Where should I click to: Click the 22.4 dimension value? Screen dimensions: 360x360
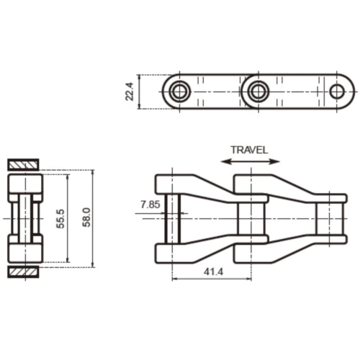coord(130,91)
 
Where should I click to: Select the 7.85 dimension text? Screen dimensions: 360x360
coord(150,205)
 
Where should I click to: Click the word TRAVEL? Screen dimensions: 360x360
coord(249,150)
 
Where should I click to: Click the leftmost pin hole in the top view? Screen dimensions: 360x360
coord(179,91)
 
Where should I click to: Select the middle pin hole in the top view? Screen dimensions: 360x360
coord(257,91)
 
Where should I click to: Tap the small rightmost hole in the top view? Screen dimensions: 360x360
coord(337,91)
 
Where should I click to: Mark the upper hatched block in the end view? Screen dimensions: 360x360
coord(24,163)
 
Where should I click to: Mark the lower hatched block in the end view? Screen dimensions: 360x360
coord(24,271)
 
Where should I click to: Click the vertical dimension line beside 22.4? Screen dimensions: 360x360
coord(140,91)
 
